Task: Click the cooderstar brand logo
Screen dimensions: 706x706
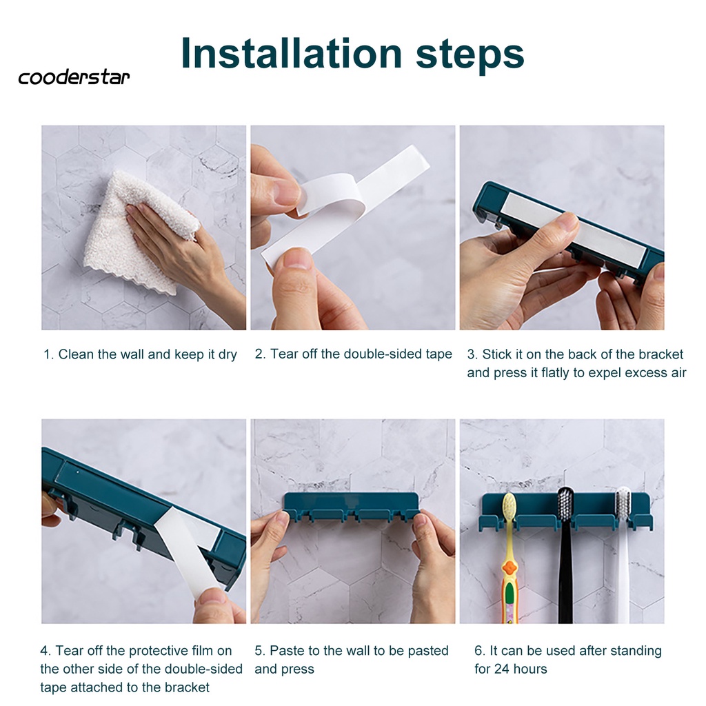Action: [74, 77]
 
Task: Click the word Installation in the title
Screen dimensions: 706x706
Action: [292, 53]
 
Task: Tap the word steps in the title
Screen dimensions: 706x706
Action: [470, 55]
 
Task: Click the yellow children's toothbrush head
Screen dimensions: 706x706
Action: [509, 507]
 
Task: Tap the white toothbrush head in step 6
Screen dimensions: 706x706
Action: [623, 504]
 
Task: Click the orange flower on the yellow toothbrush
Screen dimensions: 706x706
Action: [510, 568]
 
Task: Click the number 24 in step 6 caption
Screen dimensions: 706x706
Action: [502, 669]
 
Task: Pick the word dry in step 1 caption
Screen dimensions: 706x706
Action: [228, 355]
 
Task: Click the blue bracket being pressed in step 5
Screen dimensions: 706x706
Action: [351, 507]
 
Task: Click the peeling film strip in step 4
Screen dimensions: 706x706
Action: [188, 549]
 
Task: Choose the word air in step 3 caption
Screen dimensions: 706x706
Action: [678, 373]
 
